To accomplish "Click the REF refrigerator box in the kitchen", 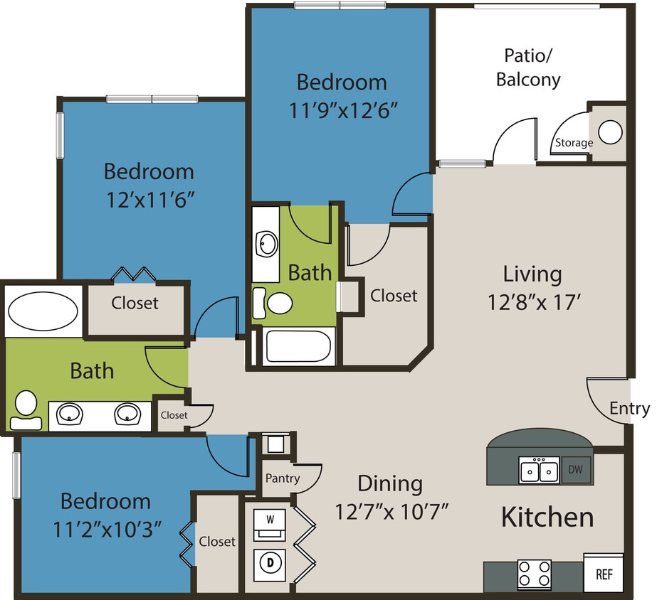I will pyautogui.click(x=603, y=573).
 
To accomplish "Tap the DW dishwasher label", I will pyautogui.click(x=577, y=469).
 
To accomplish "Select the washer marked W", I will pyautogui.click(x=270, y=519).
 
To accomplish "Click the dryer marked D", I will pyautogui.click(x=270, y=562).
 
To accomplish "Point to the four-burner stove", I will pyautogui.click(x=534, y=573).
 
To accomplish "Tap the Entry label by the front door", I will pyautogui.click(x=629, y=409).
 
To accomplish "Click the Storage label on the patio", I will pyautogui.click(x=574, y=143).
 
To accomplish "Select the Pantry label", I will pyautogui.click(x=283, y=478).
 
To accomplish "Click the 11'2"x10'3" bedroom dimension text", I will pyautogui.click(x=105, y=528).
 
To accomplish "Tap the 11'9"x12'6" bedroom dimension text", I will pyautogui.click(x=342, y=111).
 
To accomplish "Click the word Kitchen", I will pyautogui.click(x=547, y=517).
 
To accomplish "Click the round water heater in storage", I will pyautogui.click(x=610, y=132).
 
